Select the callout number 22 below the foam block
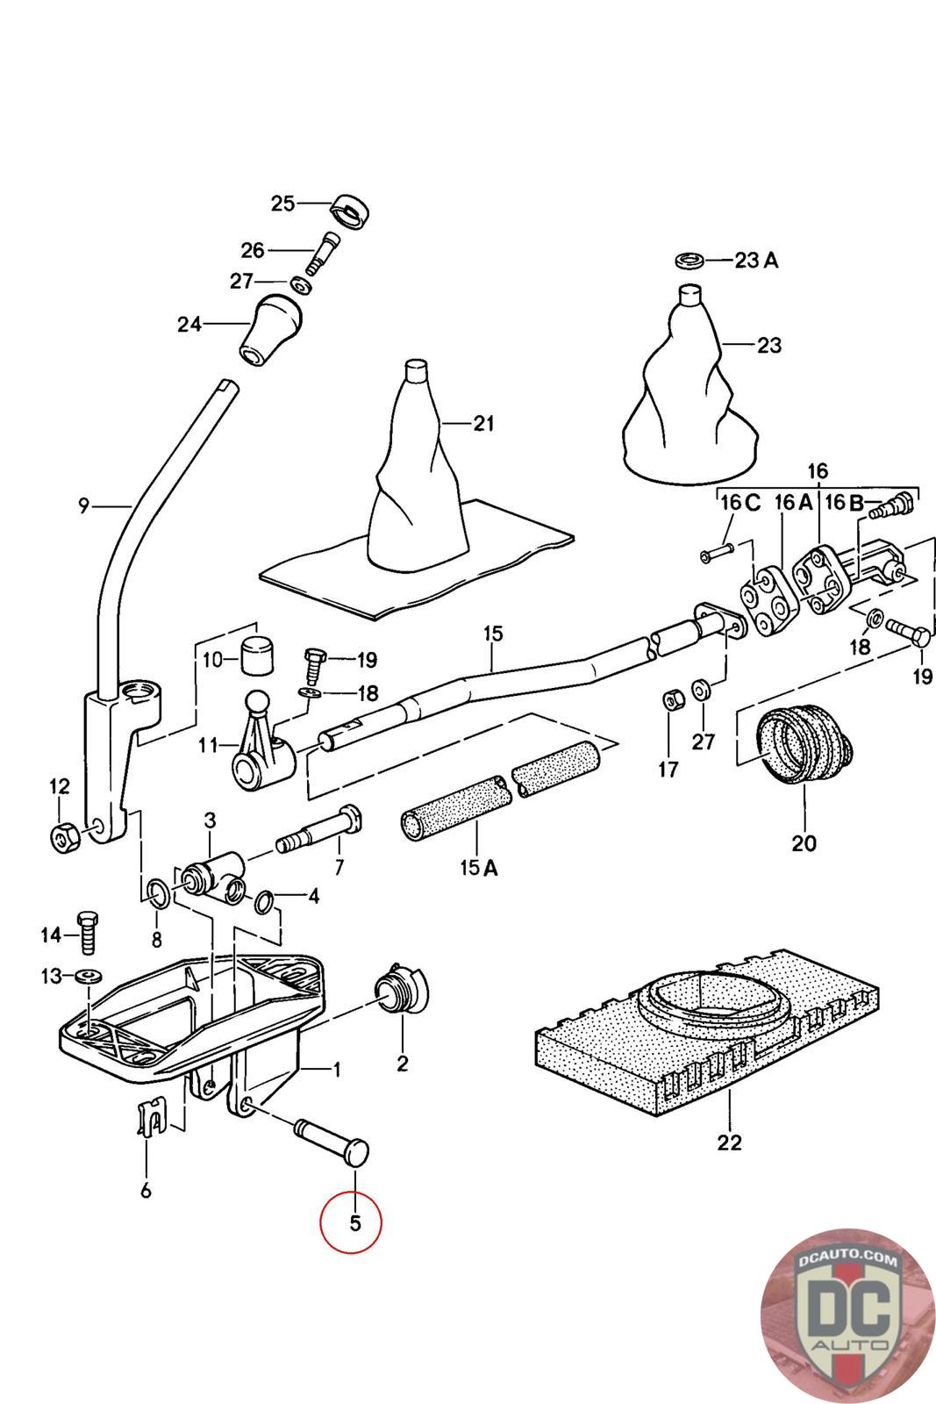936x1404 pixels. coord(729,1143)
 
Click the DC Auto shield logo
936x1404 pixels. coord(847,1315)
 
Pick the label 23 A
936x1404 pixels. coord(756,261)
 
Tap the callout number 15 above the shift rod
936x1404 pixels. coord(492,633)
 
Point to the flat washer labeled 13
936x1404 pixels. coord(88,976)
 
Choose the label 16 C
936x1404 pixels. coord(740,503)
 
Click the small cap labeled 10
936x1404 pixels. coord(255,655)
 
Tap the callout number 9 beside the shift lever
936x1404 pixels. coord(84,505)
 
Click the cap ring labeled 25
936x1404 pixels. coord(351,211)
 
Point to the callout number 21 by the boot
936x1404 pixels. coord(483,424)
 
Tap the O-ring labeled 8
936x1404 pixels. coord(157,893)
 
